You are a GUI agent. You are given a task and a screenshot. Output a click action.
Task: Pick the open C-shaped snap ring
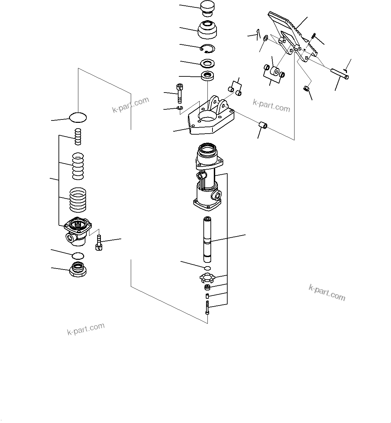pos(207,49)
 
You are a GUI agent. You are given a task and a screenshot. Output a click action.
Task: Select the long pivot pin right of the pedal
pos(340,74)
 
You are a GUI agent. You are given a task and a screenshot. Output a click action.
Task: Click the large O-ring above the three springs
pos(78,117)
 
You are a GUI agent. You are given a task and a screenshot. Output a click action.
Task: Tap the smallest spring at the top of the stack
pos(78,137)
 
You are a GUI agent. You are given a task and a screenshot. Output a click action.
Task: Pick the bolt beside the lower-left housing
pos(98,243)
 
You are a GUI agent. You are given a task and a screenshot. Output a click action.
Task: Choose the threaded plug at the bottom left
pos(78,269)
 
